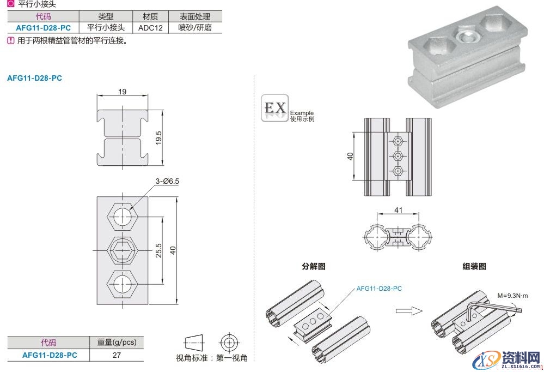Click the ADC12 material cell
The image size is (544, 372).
[151, 27]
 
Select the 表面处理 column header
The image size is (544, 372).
[194, 17]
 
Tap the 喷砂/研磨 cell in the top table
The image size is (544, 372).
[194, 27]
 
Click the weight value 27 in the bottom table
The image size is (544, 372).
[117, 355]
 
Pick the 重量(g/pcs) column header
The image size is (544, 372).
[117, 343]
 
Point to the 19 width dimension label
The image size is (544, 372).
[123, 92]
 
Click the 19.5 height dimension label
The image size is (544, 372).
[159, 136]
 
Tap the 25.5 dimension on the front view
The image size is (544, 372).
[158, 250]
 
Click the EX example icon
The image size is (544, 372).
[275, 109]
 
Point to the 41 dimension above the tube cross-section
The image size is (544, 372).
[398, 210]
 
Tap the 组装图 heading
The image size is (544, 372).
[474, 267]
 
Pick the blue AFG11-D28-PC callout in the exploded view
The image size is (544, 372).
[379, 288]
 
